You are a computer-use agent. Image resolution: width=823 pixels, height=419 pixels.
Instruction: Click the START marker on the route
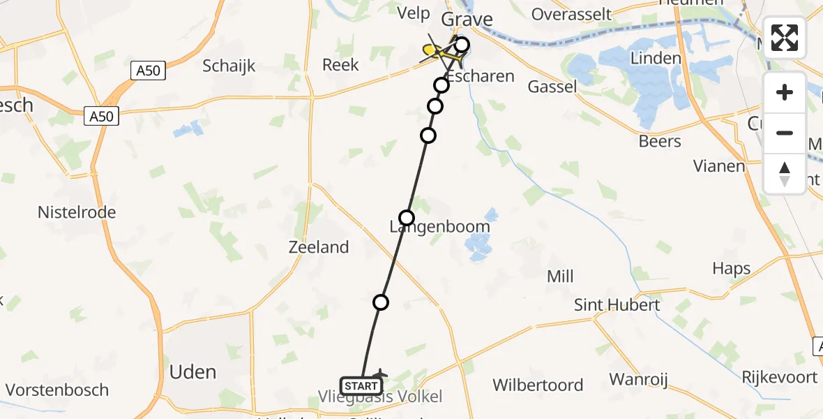pos(361,385)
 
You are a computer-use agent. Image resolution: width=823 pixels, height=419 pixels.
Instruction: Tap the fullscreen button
pos(785,38)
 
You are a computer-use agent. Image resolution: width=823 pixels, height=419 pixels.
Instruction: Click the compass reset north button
pos(785,174)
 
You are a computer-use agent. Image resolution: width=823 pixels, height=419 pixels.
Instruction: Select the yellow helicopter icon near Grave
pos(434,50)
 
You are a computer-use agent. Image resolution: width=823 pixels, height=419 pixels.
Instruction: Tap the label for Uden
pos(192,372)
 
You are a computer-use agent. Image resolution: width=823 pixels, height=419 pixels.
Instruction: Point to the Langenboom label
pos(439,227)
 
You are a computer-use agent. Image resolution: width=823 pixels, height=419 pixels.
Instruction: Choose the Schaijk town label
pos(229,66)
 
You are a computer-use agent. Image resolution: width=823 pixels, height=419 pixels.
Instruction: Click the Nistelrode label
pos(77,212)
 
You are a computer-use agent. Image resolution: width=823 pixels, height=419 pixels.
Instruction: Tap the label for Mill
pos(560,277)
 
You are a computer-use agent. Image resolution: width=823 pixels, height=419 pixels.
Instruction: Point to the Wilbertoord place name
pos(538,385)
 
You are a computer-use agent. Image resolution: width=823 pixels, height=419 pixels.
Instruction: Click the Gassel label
pos(552,86)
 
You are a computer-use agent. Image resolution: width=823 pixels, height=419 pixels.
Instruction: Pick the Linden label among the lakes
pos(655,58)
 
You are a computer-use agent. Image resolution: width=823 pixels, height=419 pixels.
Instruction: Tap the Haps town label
pos(731,268)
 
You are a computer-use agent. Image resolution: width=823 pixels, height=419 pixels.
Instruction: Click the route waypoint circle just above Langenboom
pos(406,217)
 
